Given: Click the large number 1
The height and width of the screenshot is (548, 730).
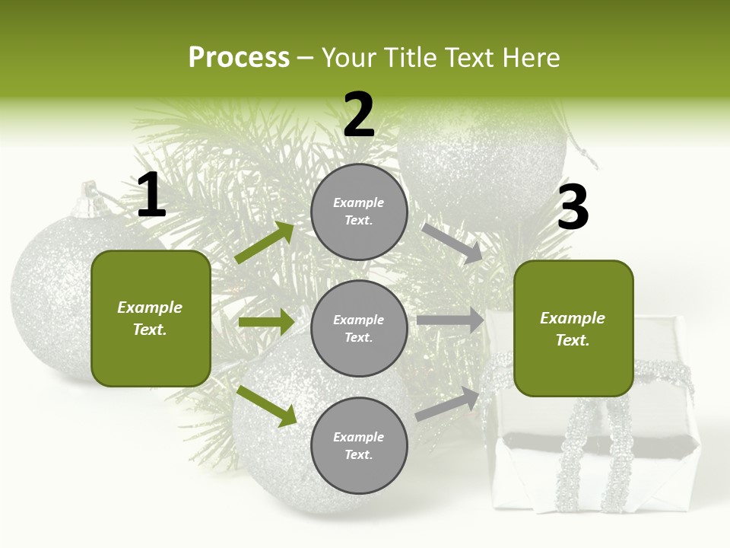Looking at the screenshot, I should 151,196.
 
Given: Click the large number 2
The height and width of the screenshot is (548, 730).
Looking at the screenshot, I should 359,115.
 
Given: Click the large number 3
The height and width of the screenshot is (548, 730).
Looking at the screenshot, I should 573,207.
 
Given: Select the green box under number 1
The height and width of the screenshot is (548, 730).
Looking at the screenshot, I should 151,318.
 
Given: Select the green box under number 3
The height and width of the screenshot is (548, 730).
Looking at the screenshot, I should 573,329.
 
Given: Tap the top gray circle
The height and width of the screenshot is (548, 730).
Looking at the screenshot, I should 359,212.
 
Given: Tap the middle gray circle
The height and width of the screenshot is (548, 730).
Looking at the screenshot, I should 359,328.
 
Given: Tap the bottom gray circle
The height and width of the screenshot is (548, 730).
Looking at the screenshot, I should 359,445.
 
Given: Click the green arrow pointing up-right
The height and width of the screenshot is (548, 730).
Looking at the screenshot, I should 265,242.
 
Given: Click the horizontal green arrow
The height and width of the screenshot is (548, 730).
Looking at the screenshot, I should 266,322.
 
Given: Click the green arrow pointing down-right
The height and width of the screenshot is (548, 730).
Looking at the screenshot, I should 266,405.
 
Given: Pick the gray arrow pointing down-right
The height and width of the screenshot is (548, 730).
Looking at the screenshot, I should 452,243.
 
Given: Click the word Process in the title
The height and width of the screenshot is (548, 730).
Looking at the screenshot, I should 239,57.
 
